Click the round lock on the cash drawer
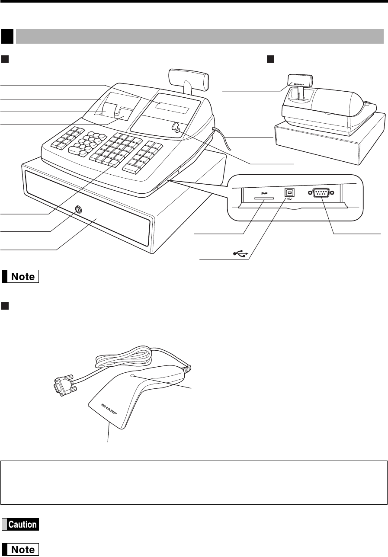[x=78, y=209]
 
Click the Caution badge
[x=20, y=524]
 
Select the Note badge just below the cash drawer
[x=20, y=276]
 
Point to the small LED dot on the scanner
[x=135, y=377]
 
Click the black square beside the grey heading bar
[x=7, y=36]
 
